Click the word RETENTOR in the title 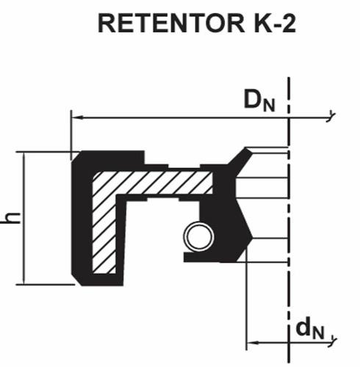click(171, 23)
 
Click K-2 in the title click(275, 23)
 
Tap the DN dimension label click(259, 100)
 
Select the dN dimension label click(310, 329)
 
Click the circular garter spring click(199, 237)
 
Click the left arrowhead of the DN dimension click(77, 117)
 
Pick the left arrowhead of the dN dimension click(253, 343)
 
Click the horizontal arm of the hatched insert click(152, 182)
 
